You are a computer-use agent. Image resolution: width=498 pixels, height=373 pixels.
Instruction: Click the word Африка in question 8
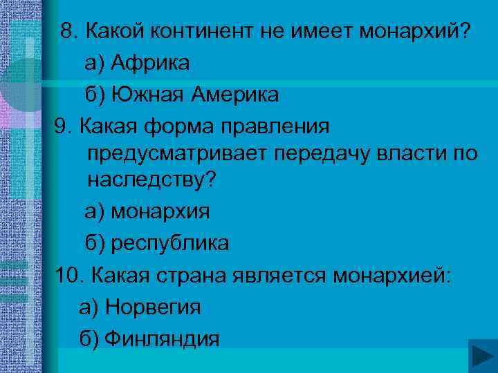point(149,63)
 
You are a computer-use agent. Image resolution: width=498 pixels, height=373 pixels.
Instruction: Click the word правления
point(273,126)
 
